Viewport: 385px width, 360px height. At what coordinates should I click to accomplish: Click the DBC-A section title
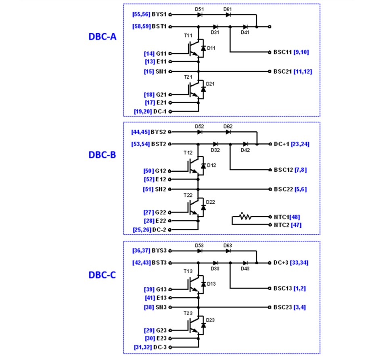103,36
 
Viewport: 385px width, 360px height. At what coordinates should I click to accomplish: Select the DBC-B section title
103,155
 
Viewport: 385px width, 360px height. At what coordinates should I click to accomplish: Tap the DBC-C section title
103,275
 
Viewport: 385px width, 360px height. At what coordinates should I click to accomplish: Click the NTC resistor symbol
245,217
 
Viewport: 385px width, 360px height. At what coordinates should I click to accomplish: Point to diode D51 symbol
199,15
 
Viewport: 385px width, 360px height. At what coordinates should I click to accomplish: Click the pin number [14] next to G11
149,53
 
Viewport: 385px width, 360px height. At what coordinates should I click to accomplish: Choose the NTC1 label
281,217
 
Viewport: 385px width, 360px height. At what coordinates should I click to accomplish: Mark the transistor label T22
188,195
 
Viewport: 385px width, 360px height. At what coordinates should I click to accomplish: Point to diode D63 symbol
228,251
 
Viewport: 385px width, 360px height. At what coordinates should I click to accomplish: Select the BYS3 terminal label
159,251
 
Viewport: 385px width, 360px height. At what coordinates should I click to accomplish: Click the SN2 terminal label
161,189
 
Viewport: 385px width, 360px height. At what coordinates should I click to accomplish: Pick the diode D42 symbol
245,144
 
